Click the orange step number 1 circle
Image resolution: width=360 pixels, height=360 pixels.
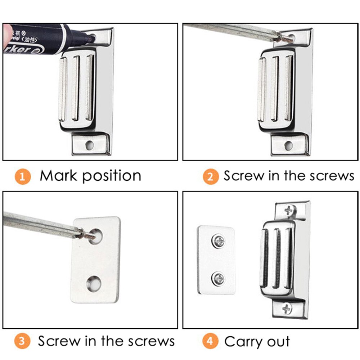tap(23, 177)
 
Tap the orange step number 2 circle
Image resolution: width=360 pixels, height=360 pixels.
tap(210, 177)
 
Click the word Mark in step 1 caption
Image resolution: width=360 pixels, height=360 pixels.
tap(59, 176)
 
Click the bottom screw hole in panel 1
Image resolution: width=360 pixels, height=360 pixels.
tap(89, 145)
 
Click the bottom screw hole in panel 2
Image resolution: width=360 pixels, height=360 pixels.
tap(288, 145)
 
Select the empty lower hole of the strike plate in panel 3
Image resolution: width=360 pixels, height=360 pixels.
tap(95, 283)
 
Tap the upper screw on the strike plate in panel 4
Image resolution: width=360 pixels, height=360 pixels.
tap(218, 241)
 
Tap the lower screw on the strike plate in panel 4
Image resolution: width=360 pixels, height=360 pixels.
tap(218, 278)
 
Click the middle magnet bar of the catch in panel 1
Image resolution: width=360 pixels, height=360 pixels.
tap(75, 88)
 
